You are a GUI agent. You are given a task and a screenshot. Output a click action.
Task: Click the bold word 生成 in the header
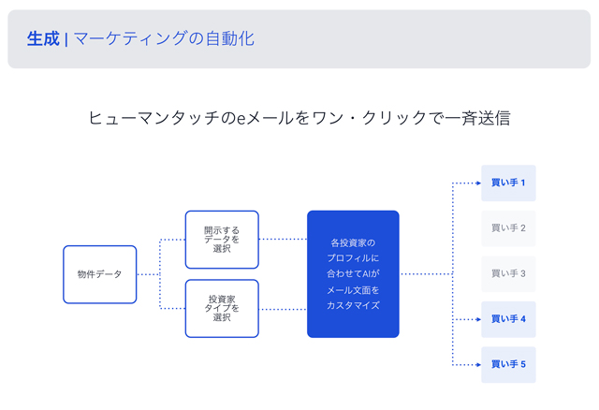coord(43,38)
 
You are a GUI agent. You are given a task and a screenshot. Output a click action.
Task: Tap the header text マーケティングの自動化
coord(164,38)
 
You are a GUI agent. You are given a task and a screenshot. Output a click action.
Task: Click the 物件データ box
coord(100,274)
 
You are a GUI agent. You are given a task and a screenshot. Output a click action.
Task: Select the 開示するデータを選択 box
coord(222,240)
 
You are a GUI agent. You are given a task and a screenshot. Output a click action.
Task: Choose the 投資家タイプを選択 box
coord(222,308)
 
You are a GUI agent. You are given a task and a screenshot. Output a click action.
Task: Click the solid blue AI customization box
coord(353,274)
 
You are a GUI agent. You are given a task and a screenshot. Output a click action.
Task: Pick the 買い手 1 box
coord(508,183)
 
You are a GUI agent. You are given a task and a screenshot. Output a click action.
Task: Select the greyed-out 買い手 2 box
coord(508,228)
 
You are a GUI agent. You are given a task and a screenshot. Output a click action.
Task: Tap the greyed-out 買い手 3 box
coord(508,274)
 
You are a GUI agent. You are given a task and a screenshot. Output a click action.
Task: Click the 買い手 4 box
coord(508,319)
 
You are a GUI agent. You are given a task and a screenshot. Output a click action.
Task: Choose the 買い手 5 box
coord(508,364)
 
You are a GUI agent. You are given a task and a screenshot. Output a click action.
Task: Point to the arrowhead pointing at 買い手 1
coord(478,183)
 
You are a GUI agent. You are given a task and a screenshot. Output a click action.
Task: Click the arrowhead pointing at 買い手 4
coord(478,319)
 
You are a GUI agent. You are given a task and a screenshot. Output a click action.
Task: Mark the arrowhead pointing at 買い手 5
coord(478,364)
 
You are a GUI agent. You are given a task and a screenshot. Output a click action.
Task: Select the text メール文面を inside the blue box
coord(353,290)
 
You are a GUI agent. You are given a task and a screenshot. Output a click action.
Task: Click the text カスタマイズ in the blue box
coord(353,305)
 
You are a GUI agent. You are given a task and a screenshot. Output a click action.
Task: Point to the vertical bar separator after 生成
coord(66,39)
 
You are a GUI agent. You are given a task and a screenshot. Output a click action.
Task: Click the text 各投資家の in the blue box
coord(353,242)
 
